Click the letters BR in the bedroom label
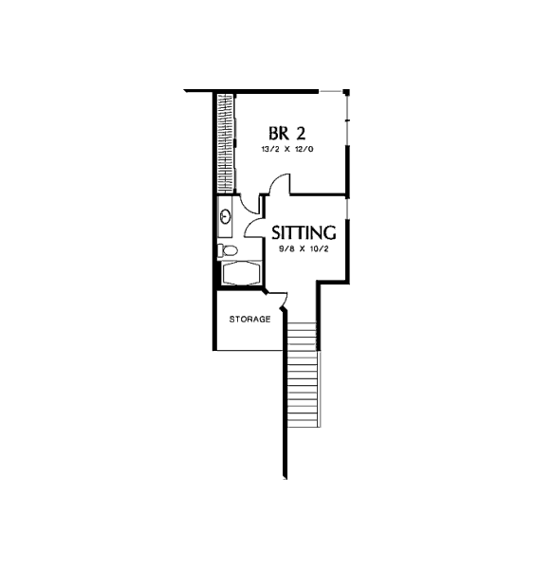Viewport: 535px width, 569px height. tap(279, 133)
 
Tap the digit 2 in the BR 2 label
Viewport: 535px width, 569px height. tap(301, 133)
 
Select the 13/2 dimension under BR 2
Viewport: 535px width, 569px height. tap(270, 149)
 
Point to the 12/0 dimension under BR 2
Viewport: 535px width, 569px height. tap(304, 149)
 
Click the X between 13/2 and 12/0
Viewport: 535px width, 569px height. tap(287, 149)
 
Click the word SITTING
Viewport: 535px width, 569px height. tap(304, 232)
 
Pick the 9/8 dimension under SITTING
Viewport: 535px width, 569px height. tap(286, 249)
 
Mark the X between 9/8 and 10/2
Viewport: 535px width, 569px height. tap(302, 249)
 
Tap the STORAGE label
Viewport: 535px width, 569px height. tap(250, 320)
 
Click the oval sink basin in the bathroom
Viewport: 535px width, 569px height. tap(226, 217)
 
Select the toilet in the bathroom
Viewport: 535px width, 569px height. tap(228, 250)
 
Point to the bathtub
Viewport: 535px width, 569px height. tap(241, 273)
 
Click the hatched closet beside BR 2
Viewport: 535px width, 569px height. tap(226, 143)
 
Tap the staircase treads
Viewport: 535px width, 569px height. tap(304, 375)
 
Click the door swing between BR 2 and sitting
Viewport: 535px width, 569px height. tap(281, 183)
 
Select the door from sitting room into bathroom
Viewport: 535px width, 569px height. tap(253, 229)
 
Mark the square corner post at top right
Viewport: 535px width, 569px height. tap(346, 92)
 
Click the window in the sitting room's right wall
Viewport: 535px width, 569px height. tap(347, 209)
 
